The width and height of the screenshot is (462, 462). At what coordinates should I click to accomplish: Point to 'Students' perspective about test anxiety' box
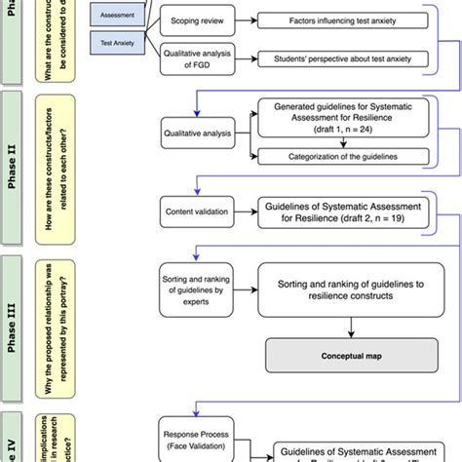click(334, 60)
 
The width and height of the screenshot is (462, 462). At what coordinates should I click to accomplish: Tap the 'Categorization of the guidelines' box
click(334, 155)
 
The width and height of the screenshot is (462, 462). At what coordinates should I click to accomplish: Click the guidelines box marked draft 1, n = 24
click(334, 116)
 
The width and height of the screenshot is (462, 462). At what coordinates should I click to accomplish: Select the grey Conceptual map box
click(334, 356)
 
